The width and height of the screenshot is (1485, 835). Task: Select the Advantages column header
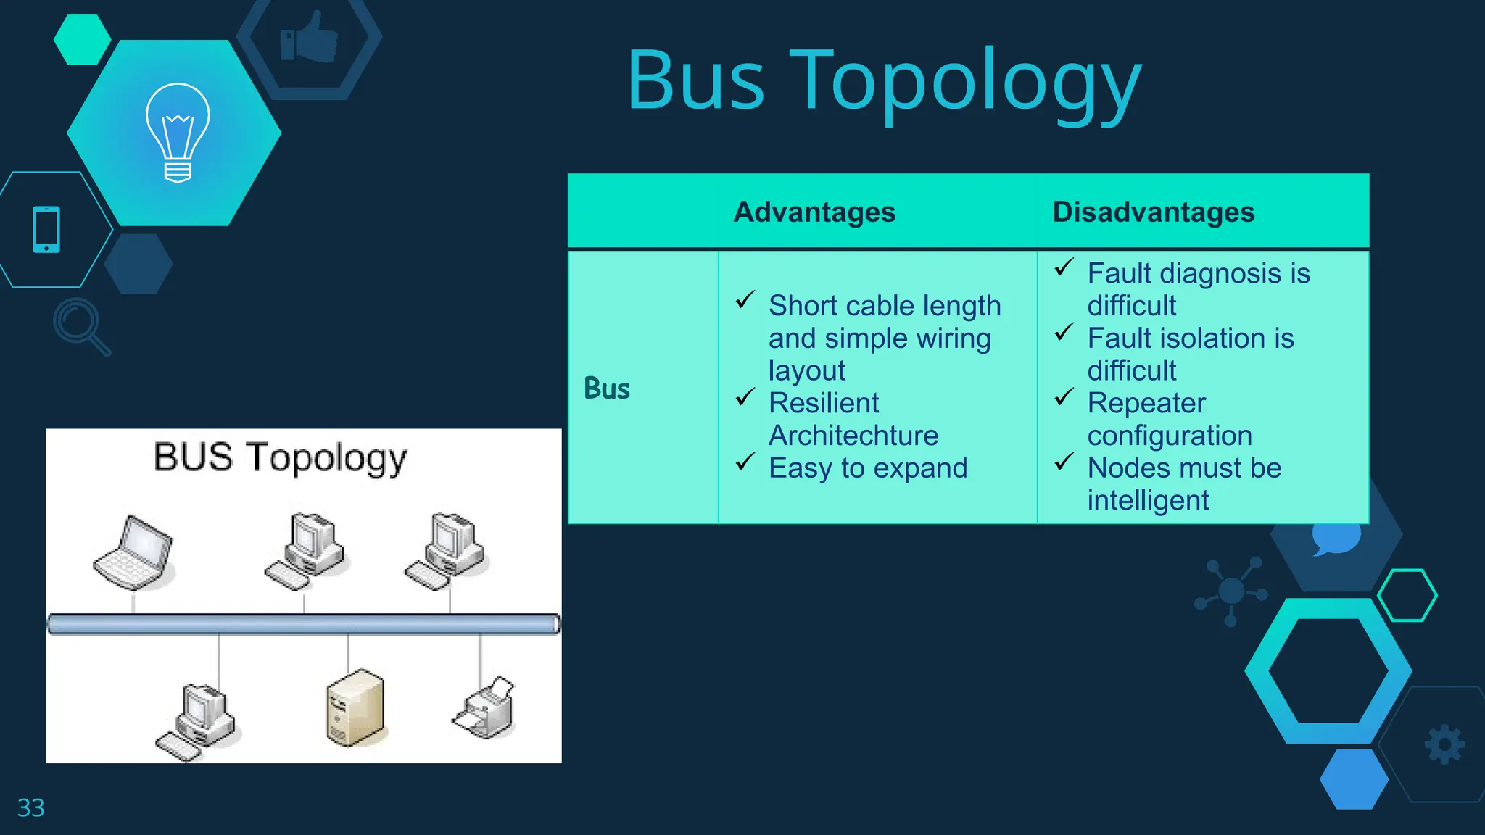(814, 212)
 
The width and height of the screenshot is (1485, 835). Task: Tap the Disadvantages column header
(1153, 212)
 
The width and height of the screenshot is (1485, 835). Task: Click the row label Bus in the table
(606, 389)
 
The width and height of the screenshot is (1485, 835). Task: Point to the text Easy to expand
(867, 468)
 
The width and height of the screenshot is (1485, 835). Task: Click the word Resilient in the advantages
(823, 403)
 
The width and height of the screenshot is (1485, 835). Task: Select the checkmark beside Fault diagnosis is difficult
(1064, 268)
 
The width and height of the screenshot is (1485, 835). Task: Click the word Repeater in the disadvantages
(1146, 403)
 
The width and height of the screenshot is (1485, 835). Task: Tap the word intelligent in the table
(1147, 500)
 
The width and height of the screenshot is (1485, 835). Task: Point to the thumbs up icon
(310, 38)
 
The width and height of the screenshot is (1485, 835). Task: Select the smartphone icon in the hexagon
(46, 230)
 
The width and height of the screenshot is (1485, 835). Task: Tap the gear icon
(1444, 744)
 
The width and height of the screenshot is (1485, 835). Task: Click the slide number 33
(30, 807)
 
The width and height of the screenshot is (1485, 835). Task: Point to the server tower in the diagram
(355, 707)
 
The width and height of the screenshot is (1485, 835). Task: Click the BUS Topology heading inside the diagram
(280, 458)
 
